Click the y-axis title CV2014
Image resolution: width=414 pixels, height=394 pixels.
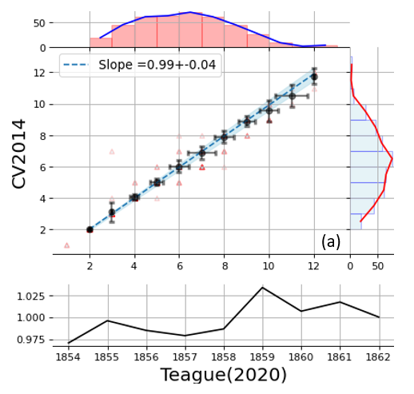point(18,154)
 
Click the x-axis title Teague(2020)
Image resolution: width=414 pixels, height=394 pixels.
point(224,375)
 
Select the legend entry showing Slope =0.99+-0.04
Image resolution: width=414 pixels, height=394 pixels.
point(140,65)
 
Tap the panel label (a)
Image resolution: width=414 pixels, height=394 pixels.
point(331,242)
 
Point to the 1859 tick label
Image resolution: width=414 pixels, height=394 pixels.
point(263,357)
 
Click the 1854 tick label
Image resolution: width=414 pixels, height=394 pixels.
point(68,357)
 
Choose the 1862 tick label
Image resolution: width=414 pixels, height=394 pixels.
point(379,357)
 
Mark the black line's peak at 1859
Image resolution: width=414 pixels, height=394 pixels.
point(263,288)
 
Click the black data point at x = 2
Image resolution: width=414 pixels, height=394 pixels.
point(90,229)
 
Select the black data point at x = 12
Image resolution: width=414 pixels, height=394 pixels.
point(314,77)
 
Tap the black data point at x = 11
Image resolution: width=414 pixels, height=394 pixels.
point(293,96)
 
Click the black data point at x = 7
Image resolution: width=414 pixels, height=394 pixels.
point(202,153)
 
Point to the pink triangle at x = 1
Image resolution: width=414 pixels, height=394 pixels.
point(67,245)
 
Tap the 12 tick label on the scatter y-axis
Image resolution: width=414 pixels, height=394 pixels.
point(39,73)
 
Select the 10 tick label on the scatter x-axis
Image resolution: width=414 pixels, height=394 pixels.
point(269,266)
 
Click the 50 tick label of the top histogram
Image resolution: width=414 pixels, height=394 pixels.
point(39,23)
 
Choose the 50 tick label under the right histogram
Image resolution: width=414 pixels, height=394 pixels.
point(378,266)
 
